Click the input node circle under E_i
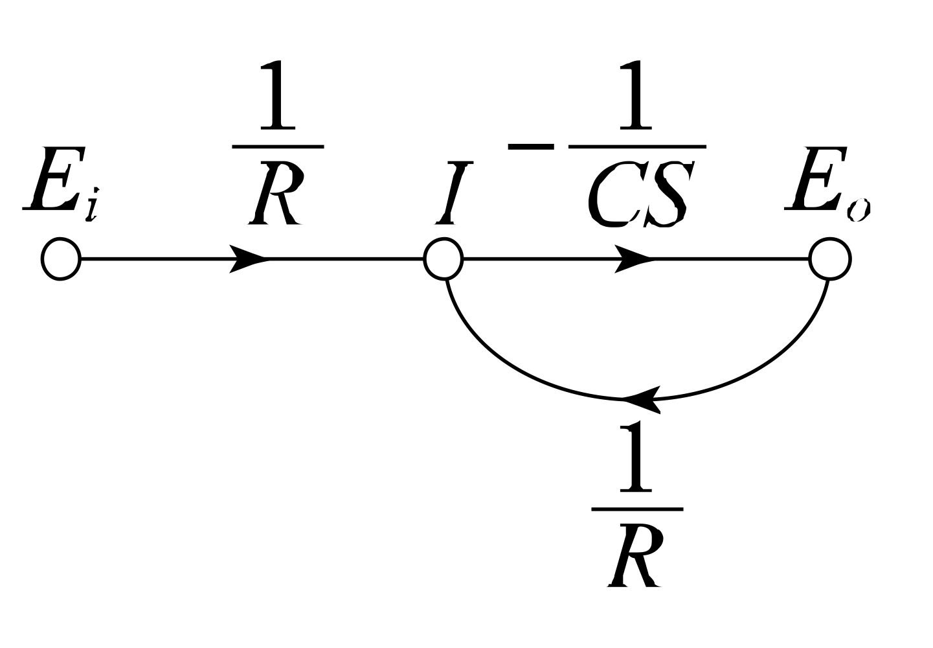click(60, 259)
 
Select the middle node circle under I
click(444, 259)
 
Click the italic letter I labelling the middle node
click(447, 193)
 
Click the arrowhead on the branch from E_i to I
click(249, 259)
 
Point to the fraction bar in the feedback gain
click(637, 509)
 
